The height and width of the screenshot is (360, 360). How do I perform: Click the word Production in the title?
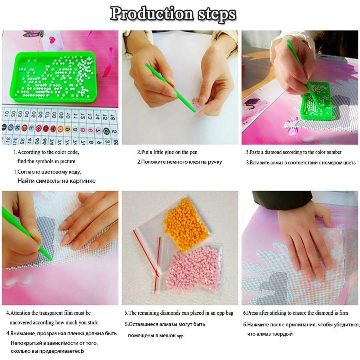pos(152,14)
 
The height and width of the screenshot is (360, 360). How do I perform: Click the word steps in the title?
pos(217,14)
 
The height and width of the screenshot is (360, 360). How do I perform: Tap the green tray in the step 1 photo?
pos(53,77)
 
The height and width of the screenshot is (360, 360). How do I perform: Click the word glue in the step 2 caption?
pos(169,152)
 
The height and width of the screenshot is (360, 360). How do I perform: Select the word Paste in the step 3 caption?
pos(255,152)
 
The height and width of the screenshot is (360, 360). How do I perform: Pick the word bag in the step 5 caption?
pos(229,313)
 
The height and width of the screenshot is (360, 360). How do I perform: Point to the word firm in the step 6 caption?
pos(344,313)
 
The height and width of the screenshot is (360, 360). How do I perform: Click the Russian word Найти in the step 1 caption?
pos(25,181)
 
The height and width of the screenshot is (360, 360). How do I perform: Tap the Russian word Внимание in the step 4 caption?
pos(23,333)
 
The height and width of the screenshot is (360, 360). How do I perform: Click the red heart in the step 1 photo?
pos(53,40)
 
